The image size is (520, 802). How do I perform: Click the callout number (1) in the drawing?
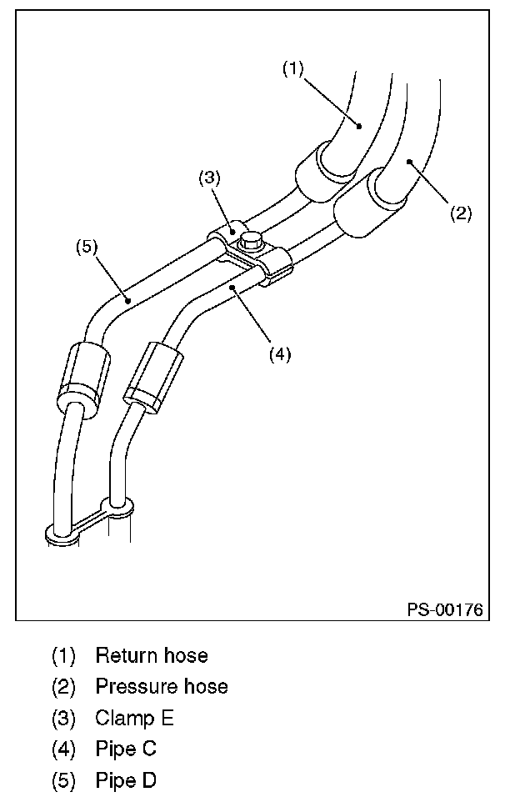(x=292, y=69)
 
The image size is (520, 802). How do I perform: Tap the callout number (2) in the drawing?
(x=461, y=213)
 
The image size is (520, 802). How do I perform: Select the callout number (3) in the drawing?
(x=208, y=178)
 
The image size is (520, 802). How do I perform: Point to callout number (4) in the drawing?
(x=279, y=353)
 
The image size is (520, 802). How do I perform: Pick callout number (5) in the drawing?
(x=87, y=247)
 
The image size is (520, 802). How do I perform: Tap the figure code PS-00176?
(x=445, y=609)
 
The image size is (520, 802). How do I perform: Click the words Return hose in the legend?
(x=151, y=655)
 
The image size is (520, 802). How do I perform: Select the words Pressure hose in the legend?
(x=161, y=687)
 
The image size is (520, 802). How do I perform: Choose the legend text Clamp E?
(x=134, y=718)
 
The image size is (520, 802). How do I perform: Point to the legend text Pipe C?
(x=126, y=749)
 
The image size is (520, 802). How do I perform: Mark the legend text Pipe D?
(x=126, y=781)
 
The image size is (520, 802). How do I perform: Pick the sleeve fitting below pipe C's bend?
(x=151, y=374)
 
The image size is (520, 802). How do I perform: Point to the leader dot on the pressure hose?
(x=409, y=162)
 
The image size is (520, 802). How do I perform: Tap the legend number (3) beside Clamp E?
(x=63, y=718)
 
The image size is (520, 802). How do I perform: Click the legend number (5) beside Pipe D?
(x=63, y=781)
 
